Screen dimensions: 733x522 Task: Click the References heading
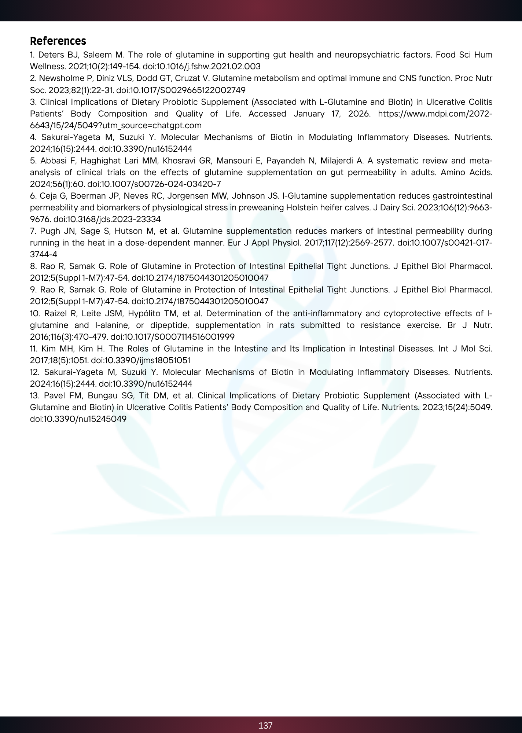click(58, 41)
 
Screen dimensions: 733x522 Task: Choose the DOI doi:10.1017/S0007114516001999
click(172, 337)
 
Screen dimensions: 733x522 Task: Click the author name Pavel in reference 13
click(55, 395)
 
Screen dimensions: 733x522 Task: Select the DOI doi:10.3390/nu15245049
click(78, 419)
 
